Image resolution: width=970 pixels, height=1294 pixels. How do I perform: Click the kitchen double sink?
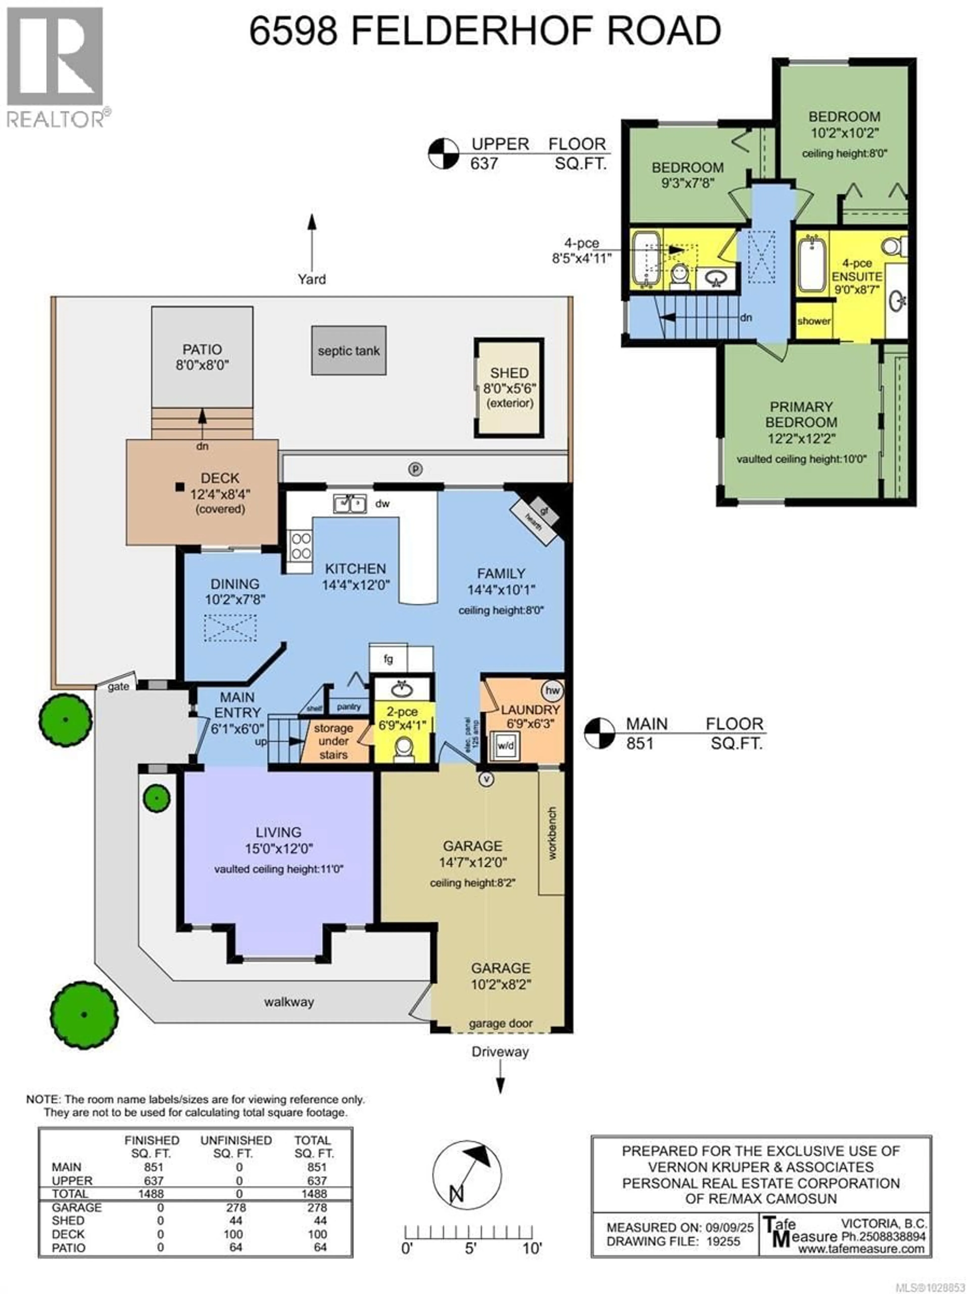(350, 504)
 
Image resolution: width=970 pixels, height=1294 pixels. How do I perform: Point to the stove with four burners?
(301, 545)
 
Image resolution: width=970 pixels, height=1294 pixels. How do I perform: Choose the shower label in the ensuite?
(813, 320)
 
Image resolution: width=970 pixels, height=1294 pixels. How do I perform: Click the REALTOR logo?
(56, 67)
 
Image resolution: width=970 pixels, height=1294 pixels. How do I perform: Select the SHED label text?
(509, 373)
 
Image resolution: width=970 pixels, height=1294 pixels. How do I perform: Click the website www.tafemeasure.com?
(861, 1249)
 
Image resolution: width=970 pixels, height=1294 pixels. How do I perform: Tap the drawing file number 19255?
(724, 1241)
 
